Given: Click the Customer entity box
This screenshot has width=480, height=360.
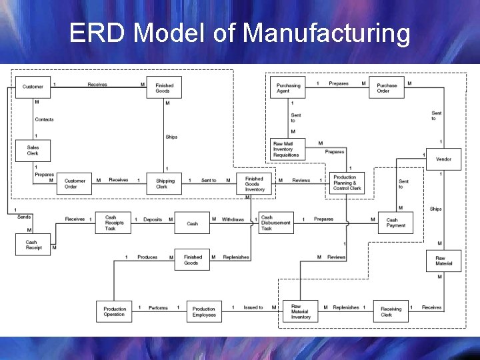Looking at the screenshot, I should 32,87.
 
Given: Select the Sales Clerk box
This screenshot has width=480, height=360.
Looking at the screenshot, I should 32,151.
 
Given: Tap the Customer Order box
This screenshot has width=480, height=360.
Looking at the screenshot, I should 75,183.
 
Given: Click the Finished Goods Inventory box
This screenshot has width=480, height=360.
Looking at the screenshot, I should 254,183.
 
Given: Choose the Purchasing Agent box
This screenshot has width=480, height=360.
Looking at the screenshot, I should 288,88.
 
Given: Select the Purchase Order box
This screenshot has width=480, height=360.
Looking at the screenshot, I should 387,88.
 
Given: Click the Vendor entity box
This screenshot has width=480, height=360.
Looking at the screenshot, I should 443,159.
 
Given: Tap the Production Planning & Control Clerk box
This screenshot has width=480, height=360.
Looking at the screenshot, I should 347,183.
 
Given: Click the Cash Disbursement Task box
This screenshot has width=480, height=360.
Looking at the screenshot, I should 275,223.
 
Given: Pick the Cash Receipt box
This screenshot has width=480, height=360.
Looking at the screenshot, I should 33,245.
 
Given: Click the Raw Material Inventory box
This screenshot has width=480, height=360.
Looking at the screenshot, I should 300,311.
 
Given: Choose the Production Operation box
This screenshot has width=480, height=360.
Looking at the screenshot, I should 114,311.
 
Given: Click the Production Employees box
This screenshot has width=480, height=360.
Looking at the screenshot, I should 204,311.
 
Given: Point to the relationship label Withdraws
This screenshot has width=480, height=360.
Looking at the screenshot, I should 233,219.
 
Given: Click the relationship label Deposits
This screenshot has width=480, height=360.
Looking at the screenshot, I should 153,219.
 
